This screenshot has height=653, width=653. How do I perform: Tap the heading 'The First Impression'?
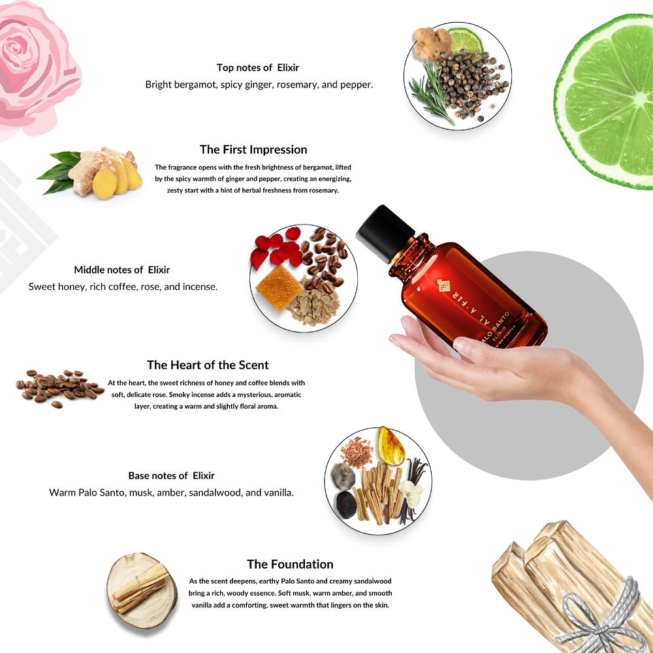(x=253, y=150)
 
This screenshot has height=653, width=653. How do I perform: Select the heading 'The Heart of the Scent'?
(x=208, y=365)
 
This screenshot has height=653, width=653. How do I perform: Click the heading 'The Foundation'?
(x=290, y=564)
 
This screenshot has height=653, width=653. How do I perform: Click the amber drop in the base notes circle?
(x=390, y=446)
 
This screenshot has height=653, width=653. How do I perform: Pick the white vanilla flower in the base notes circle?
(x=411, y=494)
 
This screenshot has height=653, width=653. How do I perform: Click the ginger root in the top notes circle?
(x=432, y=43)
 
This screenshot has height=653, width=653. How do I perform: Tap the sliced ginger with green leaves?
(x=91, y=173)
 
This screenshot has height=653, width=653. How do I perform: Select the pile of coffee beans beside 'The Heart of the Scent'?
(x=59, y=388)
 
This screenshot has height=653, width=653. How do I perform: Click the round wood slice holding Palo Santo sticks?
(x=142, y=590)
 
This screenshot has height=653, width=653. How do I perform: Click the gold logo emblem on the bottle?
(x=443, y=286)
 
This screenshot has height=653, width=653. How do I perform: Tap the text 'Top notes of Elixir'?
(x=258, y=67)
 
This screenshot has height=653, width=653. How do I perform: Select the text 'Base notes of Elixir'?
(x=171, y=475)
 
